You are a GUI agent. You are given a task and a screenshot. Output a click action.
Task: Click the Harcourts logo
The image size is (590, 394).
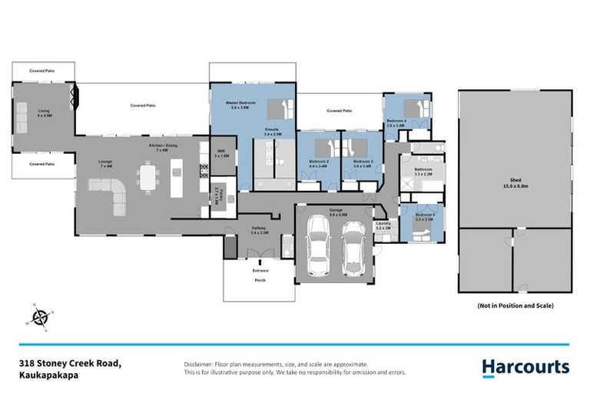[x=525, y=368]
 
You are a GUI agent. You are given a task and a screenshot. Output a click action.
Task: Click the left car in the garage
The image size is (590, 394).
[x=317, y=246]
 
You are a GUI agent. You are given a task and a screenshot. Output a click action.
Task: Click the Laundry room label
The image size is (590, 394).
[x=383, y=226]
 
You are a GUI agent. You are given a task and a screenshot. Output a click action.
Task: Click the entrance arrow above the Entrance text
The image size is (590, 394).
[x=259, y=262]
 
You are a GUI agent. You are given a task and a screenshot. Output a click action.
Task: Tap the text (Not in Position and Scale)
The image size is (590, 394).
[x=515, y=306]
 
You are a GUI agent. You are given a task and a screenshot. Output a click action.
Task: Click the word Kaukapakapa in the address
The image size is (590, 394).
[x=51, y=376]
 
